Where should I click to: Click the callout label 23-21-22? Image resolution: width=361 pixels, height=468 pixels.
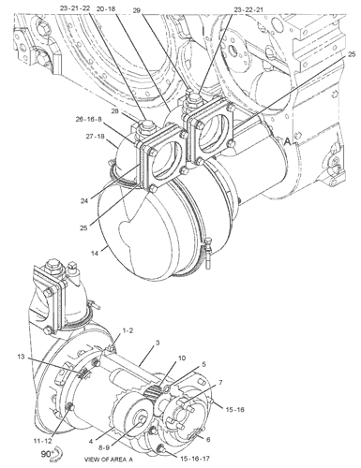75,8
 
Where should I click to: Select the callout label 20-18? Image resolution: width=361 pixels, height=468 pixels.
106,9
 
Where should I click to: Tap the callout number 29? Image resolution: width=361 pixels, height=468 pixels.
136,11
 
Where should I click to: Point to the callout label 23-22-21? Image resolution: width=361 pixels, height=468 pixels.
248,10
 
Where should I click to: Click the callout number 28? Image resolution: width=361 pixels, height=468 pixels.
115,111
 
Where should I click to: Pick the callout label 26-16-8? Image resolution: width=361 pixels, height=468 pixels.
88,119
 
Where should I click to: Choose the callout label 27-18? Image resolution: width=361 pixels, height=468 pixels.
95,137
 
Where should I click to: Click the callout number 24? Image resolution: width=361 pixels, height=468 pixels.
84,201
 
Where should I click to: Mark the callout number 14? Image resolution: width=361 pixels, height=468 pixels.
95,254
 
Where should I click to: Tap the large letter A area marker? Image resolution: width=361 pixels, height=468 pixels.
287,141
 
